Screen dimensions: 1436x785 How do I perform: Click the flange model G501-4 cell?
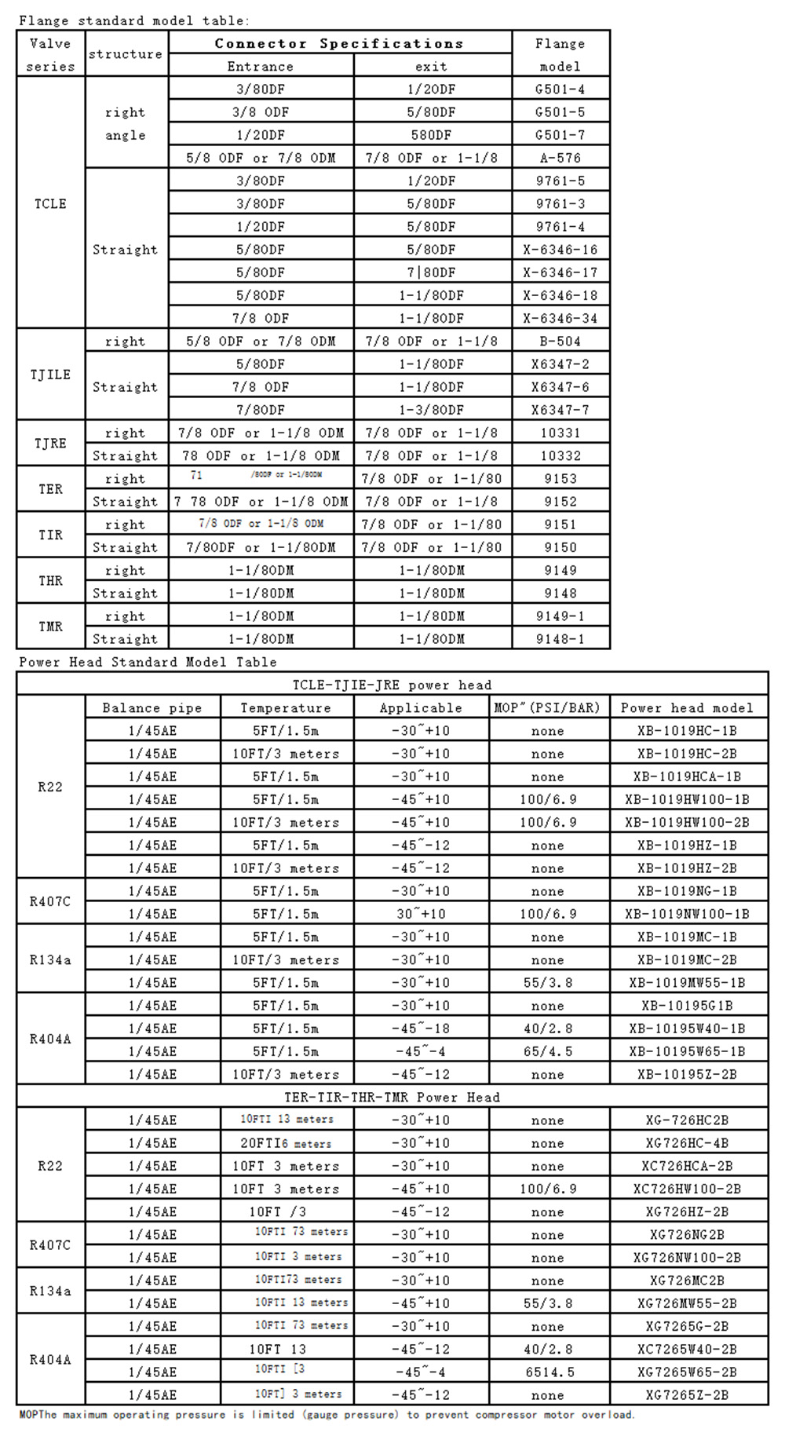(x=560, y=90)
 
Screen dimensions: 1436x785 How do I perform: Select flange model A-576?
(x=560, y=158)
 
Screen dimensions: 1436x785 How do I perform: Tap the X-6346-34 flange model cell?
(x=560, y=318)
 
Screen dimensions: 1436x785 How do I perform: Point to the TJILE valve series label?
(x=50, y=375)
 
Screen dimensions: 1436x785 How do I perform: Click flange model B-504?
(x=560, y=341)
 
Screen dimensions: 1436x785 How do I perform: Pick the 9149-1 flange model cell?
(x=560, y=616)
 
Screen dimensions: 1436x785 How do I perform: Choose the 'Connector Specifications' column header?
(x=339, y=44)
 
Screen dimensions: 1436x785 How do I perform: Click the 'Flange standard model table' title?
(x=133, y=20)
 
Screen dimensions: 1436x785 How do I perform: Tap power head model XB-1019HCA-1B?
(x=687, y=776)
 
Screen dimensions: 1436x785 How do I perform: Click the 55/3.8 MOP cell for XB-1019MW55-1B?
(x=547, y=982)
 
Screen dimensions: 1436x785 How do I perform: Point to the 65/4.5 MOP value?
(x=547, y=1051)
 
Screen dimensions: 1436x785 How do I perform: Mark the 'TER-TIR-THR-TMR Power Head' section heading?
(x=392, y=1097)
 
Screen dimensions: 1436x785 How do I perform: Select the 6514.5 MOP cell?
(x=547, y=1372)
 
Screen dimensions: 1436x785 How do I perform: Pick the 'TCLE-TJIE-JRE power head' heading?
(x=392, y=685)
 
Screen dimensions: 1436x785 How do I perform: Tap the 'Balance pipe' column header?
(x=152, y=707)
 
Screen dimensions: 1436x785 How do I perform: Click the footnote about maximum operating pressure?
(x=327, y=1415)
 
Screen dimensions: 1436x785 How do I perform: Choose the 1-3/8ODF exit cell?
(x=431, y=410)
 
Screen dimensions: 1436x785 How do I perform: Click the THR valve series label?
(x=50, y=581)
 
